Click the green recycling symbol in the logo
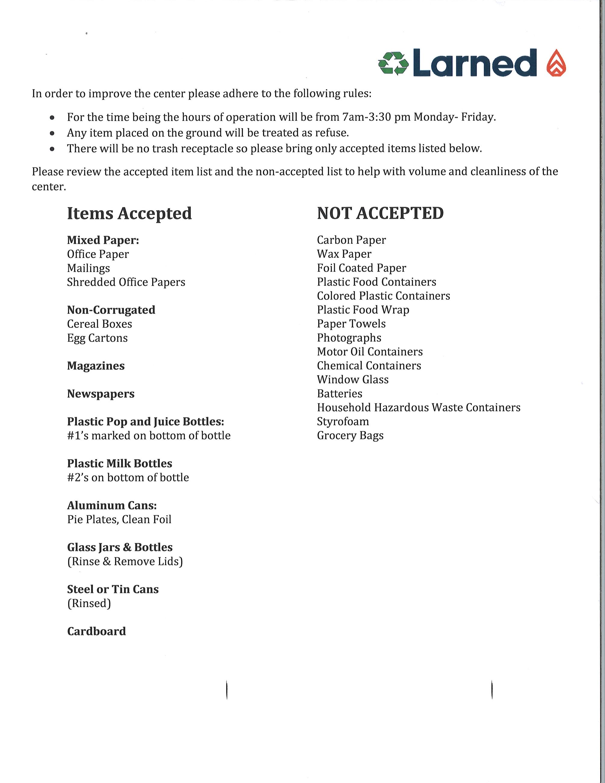393,63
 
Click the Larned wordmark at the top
475,63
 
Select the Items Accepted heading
129,214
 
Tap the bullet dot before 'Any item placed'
53,133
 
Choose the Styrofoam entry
343,421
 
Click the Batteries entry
339,394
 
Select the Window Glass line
353,380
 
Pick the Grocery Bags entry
350,435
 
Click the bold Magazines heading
96,366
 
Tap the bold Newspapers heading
101,394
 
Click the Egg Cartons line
97,338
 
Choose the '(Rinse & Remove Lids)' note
125,561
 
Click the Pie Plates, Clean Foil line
119,519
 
